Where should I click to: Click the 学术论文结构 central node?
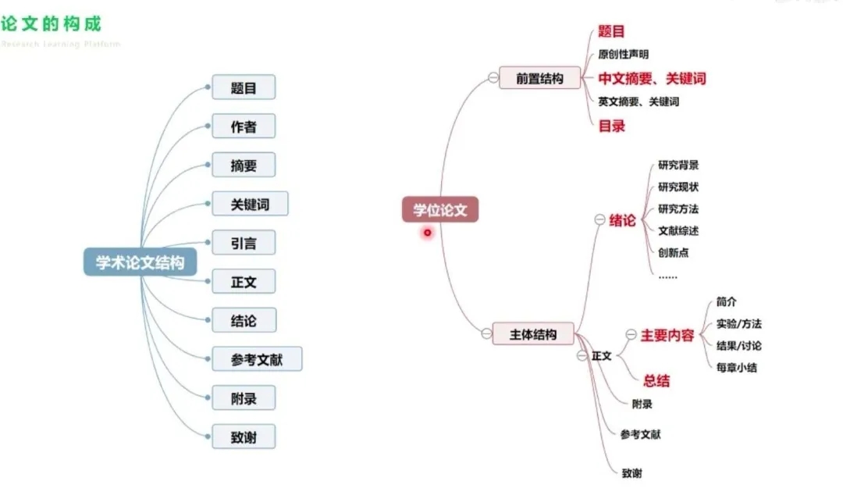(140, 262)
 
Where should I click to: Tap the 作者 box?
(244, 126)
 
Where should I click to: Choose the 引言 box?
(244, 243)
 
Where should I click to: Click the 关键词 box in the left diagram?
(250, 205)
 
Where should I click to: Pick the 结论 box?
(244, 320)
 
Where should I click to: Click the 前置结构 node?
(539, 78)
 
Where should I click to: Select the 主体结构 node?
(534, 334)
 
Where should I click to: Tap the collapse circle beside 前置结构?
(493, 77)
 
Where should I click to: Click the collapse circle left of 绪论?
(599, 221)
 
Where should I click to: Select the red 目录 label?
(612, 125)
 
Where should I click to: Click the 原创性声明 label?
(623, 55)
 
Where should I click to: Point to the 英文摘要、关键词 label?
(638, 102)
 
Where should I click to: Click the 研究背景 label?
(678, 165)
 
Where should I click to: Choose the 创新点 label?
(674, 252)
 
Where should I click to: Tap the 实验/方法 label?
(738, 324)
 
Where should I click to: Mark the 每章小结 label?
(736, 367)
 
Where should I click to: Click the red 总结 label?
(656, 381)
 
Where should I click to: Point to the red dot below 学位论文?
(428, 232)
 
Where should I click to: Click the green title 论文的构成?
(51, 23)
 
